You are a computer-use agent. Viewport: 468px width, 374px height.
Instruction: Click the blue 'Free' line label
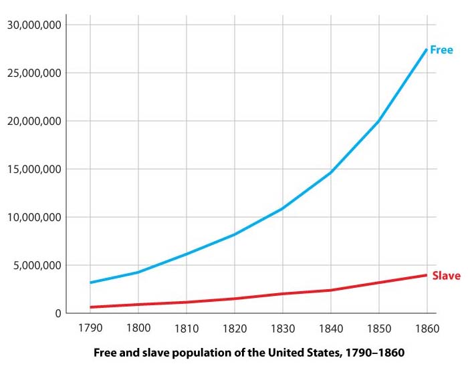(442, 50)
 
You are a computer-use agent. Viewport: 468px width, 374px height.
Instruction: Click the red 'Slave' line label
(446, 275)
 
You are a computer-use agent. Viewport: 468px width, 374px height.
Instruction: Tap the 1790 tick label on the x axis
(90, 329)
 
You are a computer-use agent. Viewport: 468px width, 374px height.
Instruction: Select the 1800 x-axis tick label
(138, 329)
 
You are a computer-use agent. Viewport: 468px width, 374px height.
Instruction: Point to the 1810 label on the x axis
(186, 329)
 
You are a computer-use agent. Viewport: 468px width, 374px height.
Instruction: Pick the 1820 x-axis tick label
(234, 329)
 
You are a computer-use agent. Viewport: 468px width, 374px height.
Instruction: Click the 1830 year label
(282, 329)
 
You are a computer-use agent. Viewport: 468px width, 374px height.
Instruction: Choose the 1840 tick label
(330, 329)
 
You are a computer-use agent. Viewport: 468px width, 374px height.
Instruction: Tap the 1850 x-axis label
(378, 329)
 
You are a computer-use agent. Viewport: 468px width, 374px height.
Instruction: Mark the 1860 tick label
(427, 329)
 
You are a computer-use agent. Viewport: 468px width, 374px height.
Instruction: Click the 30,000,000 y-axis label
(35, 25)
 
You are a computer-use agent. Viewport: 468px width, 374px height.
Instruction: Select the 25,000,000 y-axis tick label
(35, 73)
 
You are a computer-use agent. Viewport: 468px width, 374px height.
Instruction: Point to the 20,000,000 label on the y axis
(35, 121)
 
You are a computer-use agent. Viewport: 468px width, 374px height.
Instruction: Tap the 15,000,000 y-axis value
(35, 169)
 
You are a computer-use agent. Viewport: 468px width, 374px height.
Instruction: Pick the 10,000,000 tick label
(35, 217)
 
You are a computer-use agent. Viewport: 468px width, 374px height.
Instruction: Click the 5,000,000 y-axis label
(37, 265)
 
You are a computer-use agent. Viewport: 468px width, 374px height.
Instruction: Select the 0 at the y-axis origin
(58, 313)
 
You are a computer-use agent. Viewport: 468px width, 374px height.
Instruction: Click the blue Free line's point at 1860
(427, 49)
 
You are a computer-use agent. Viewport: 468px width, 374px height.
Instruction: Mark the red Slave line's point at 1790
(90, 307)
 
